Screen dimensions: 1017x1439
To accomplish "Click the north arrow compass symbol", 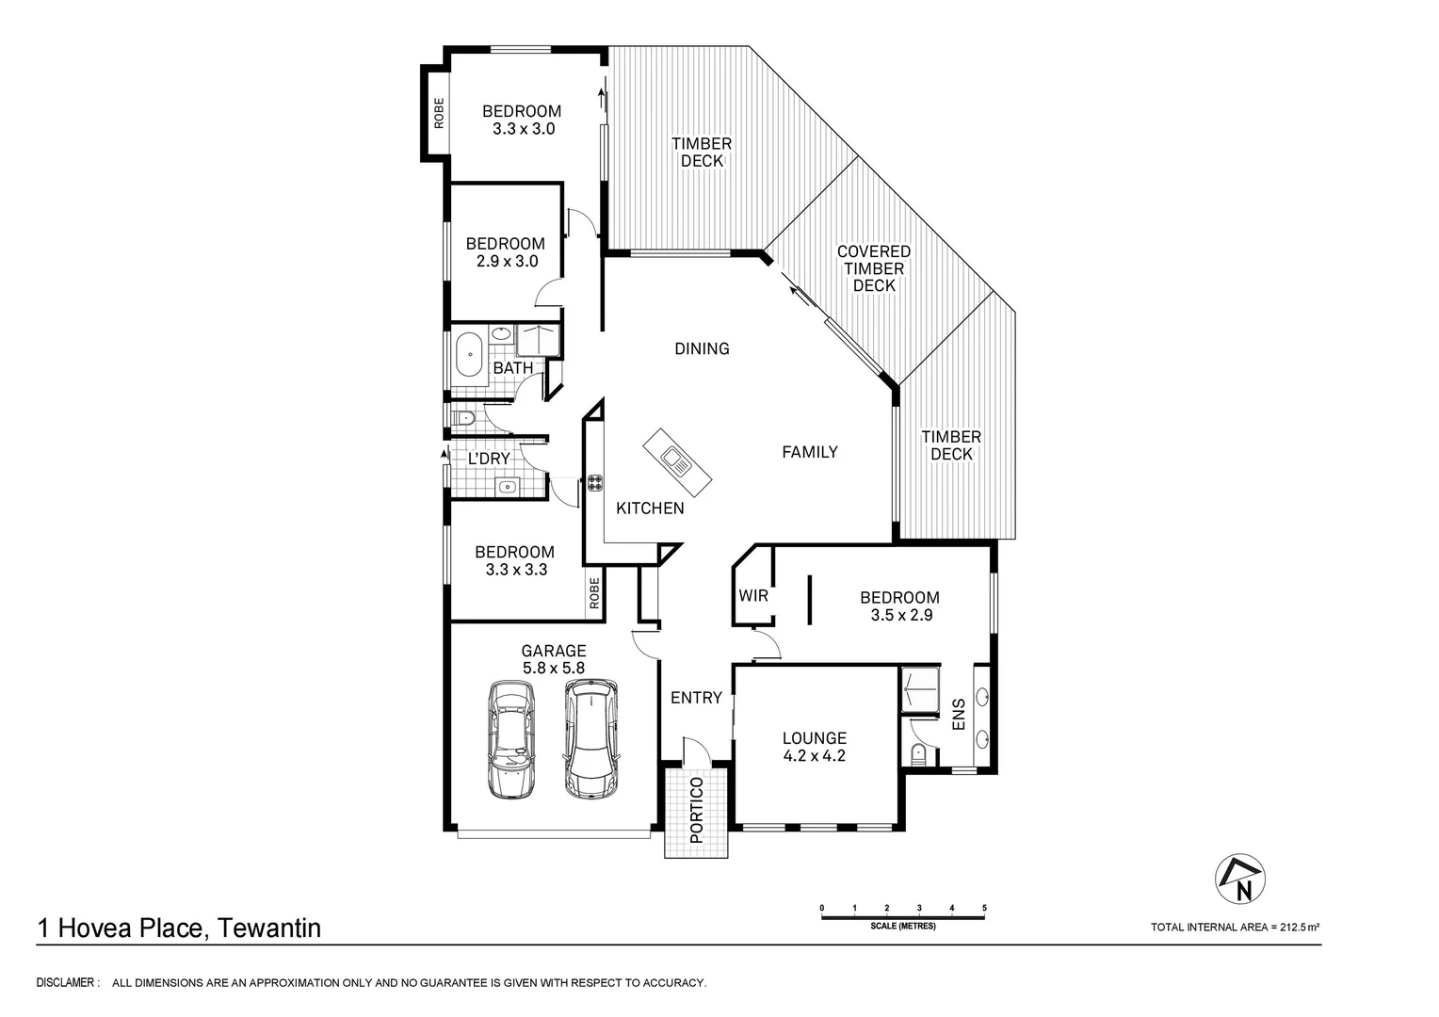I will tap(1240, 880).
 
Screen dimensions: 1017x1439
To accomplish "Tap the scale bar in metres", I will tap(903, 913).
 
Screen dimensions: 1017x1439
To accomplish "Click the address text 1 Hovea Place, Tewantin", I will tap(179, 928).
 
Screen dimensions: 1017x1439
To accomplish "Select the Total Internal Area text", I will tap(1235, 928).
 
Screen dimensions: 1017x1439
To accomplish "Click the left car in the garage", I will tap(510, 740).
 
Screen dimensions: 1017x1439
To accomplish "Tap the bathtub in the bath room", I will tap(466, 358).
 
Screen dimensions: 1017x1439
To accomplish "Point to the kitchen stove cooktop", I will tap(595, 484).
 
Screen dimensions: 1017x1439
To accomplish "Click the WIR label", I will tap(753, 596).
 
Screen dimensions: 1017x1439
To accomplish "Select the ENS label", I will tap(959, 715).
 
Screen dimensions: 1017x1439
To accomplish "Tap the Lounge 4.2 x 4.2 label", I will tap(815, 747).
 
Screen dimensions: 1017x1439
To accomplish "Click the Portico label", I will tap(696, 810).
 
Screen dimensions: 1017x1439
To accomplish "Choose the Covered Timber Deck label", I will tap(874, 268).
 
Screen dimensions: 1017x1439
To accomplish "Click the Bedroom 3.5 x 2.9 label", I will tap(898, 605).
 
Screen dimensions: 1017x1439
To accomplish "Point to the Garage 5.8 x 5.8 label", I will tap(554, 659).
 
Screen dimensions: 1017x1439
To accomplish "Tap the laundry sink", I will tap(507, 487).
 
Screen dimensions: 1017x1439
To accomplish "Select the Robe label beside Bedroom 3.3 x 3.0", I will tap(438, 113).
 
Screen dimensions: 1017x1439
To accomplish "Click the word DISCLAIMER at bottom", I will tap(67, 983).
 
